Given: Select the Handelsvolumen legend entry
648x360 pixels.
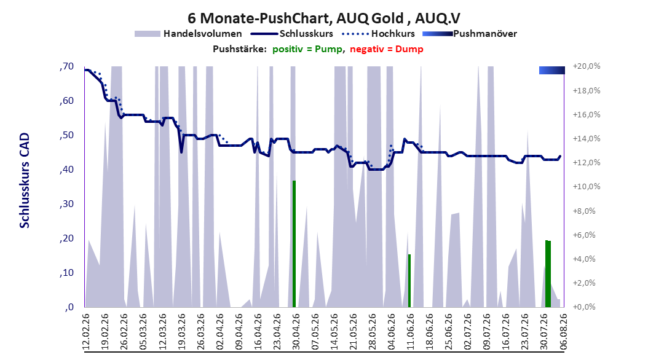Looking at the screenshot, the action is (x=188, y=34).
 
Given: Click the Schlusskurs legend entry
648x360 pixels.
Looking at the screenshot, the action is (x=292, y=34).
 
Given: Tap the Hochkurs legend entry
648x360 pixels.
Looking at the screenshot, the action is (x=379, y=34).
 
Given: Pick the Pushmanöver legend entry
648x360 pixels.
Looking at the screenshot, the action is (x=470, y=34).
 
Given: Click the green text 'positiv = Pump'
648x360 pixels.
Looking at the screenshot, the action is (x=307, y=49).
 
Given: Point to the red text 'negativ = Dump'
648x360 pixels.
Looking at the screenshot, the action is (x=387, y=49).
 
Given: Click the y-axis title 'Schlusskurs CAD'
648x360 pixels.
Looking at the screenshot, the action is (x=25, y=181).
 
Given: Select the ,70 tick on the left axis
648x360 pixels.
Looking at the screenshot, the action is (x=66, y=66).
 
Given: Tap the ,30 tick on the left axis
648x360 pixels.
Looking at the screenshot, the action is (x=66, y=204).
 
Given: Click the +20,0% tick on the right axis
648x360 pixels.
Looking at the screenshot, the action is (x=587, y=66).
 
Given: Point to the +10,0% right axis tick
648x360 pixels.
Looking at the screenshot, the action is (x=587, y=187).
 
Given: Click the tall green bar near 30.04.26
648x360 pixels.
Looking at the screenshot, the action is (x=294, y=244).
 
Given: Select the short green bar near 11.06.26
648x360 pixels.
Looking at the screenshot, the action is (x=409, y=281).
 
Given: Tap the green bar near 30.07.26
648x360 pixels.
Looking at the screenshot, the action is (x=548, y=274).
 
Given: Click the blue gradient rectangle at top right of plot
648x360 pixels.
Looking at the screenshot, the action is (x=551, y=71).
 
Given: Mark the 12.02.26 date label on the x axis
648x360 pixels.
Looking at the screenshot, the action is (x=86, y=332).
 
